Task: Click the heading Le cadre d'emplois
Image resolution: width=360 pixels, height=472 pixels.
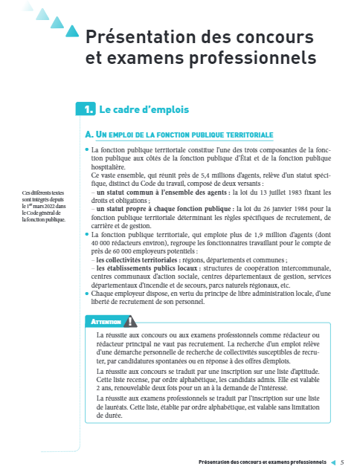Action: point(144,110)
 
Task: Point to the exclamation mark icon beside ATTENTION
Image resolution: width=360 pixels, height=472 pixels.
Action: point(132,322)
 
